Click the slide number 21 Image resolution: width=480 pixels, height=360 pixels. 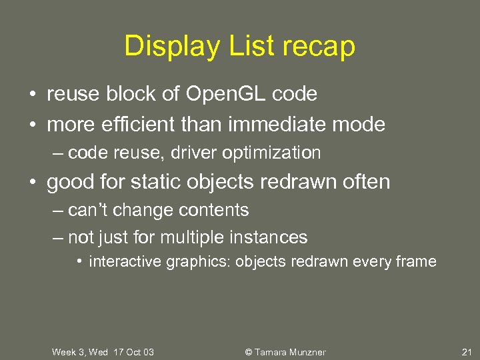pos(466,352)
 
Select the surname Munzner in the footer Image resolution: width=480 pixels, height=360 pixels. pos(305,352)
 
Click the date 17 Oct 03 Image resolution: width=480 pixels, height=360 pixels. pos(133,352)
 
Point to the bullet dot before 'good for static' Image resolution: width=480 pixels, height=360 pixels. pos(33,182)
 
